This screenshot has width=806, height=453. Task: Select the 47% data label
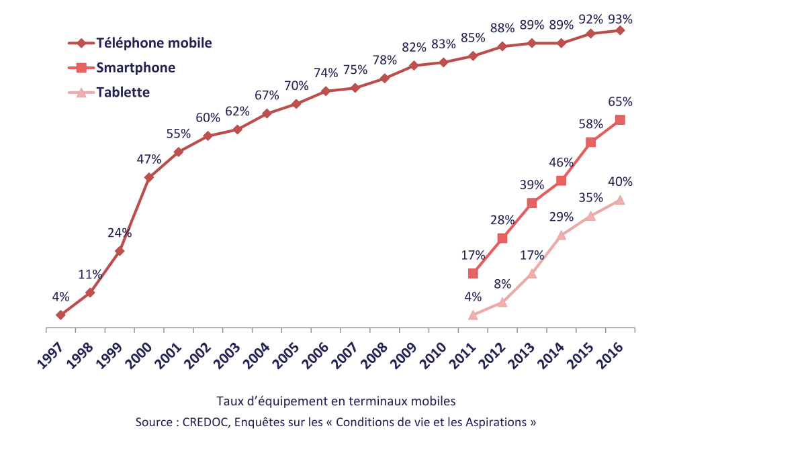point(148,160)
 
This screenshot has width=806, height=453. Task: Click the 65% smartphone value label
point(619,102)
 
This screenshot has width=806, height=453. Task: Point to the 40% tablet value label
point(619,182)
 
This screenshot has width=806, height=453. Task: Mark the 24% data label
point(119,234)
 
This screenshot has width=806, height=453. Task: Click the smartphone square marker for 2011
point(473,273)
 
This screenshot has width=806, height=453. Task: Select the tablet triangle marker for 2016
point(620,200)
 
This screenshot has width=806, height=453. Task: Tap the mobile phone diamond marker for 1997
point(60,315)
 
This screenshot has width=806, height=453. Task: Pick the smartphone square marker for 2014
point(562,181)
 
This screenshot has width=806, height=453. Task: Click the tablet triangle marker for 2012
point(502,302)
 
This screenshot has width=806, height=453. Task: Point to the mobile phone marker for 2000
point(148,178)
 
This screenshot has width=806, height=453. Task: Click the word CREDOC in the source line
point(204,422)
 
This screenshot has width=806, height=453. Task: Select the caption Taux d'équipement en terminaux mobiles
point(336,401)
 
